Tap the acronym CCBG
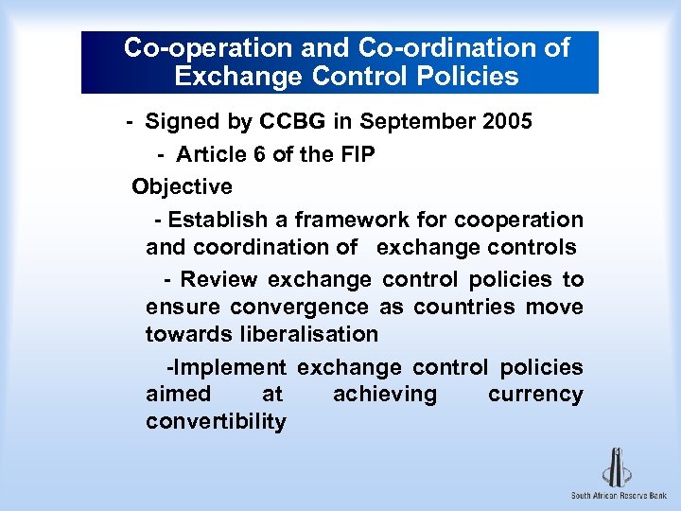[296, 122]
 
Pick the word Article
[210, 154]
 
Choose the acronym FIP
[355, 154]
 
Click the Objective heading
[183, 186]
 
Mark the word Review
[219, 279]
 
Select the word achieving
[385, 395]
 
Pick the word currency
[535, 395]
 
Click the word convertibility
[216, 422]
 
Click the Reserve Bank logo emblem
[618, 466]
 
